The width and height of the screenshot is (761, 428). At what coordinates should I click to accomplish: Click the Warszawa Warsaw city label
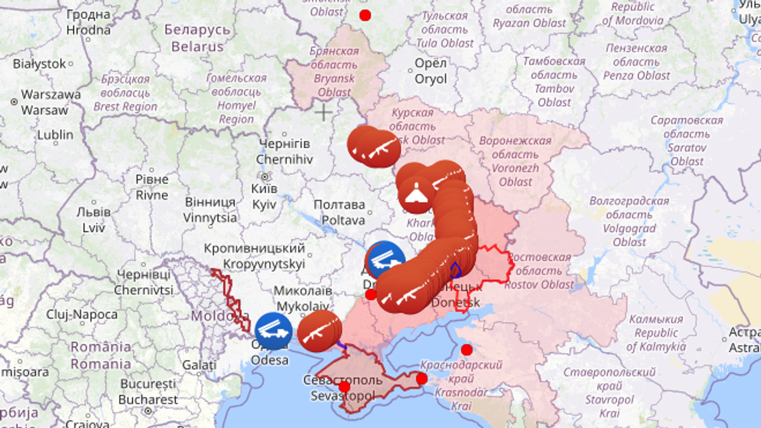(x=44, y=102)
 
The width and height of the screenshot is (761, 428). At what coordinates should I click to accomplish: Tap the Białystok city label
(x=39, y=63)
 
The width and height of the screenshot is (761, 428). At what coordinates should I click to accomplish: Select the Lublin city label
(x=55, y=135)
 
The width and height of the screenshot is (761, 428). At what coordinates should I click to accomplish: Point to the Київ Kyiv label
(x=264, y=197)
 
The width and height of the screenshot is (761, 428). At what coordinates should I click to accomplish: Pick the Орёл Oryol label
(x=431, y=71)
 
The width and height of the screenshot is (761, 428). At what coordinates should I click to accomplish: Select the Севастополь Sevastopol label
(x=342, y=387)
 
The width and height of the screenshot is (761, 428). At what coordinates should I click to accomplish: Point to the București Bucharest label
(x=148, y=392)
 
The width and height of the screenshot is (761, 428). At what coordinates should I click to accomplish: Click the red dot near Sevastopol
(x=344, y=386)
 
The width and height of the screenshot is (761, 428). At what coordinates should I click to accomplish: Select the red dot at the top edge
(x=365, y=15)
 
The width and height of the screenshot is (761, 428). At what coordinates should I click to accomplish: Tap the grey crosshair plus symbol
(x=324, y=113)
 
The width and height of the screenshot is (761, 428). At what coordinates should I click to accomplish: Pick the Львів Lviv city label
(x=93, y=219)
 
